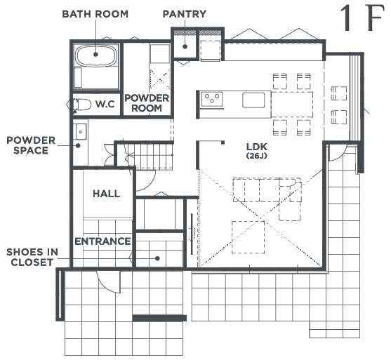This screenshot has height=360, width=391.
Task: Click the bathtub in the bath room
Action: pos(96,55)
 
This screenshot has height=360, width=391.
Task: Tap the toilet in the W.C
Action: pos(82,105)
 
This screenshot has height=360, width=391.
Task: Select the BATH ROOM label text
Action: pos(95,14)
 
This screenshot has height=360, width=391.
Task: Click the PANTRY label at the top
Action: pos(185,14)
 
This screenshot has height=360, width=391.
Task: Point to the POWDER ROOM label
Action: pos(147,103)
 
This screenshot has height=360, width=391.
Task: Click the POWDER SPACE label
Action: pos(31,145)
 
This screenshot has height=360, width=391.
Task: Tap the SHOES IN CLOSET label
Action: pos(32,257)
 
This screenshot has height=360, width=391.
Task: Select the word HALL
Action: pos(107,194)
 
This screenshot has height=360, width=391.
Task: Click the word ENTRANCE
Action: pos(102,241)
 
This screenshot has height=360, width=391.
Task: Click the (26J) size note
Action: pos(257,156)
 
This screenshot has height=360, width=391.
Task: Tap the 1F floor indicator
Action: pos(362,18)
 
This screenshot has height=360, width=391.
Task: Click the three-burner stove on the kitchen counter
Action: pos(212,99)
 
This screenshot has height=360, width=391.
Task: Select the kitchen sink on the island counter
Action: pos(253,100)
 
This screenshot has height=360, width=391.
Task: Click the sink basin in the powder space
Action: pos(81,131)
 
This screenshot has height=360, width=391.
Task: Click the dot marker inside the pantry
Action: pos(185,46)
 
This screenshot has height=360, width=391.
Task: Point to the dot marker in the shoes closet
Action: pos(157,258)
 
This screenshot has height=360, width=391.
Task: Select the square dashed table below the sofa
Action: pos(248,237)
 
